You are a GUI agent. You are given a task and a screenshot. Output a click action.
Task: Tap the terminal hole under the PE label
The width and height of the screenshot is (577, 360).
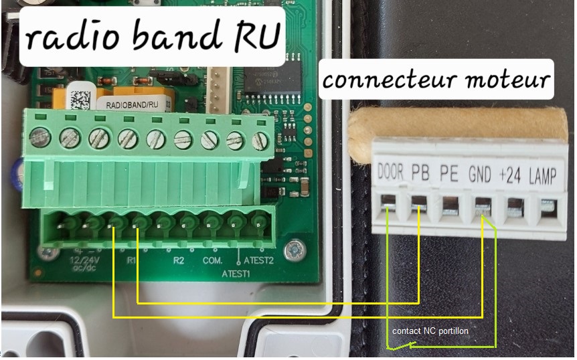pos(450,203)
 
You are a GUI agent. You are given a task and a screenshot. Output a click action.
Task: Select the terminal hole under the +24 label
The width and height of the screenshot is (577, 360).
pos(513,205)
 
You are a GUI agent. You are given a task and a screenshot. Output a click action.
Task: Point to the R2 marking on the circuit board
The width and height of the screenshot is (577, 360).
pos(178,260)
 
